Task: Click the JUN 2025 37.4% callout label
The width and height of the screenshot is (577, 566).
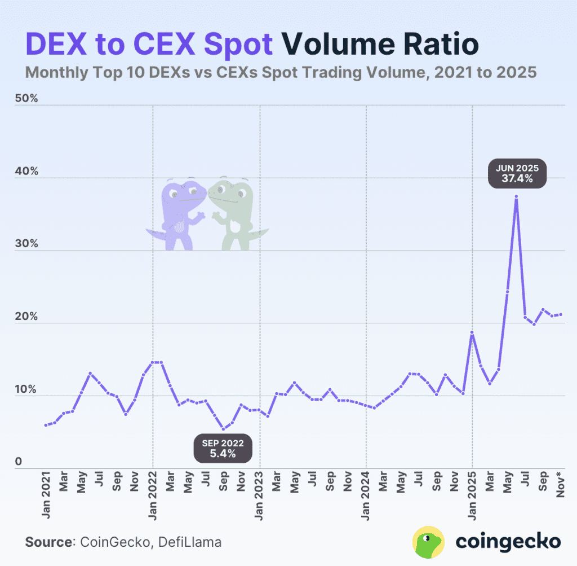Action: [517, 174]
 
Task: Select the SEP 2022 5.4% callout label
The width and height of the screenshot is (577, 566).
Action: [223, 447]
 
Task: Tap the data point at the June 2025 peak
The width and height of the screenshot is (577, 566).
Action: [516, 196]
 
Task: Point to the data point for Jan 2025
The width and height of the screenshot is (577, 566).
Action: [472, 332]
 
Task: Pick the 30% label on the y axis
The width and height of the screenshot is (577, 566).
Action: [26, 244]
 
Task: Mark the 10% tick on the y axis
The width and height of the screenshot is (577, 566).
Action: [26, 390]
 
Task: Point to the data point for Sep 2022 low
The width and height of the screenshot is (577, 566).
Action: [224, 429]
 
